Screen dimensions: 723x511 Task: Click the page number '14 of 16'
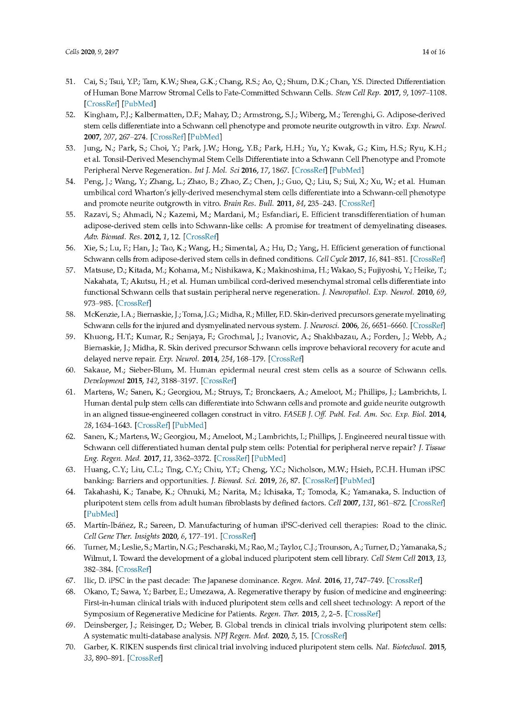[x=433, y=52]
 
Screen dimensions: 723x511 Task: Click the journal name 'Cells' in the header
[x=72, y=52]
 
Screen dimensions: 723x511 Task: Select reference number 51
[x=70, y=82]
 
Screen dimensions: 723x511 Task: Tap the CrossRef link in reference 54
[x=357, y=203]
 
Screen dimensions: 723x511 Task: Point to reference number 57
[x=70, y=270]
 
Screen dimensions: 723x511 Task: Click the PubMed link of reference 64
[x=101, y=514]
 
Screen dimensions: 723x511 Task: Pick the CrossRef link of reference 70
[x=145, y=658]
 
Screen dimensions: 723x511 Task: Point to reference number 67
[x=70, y=580]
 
